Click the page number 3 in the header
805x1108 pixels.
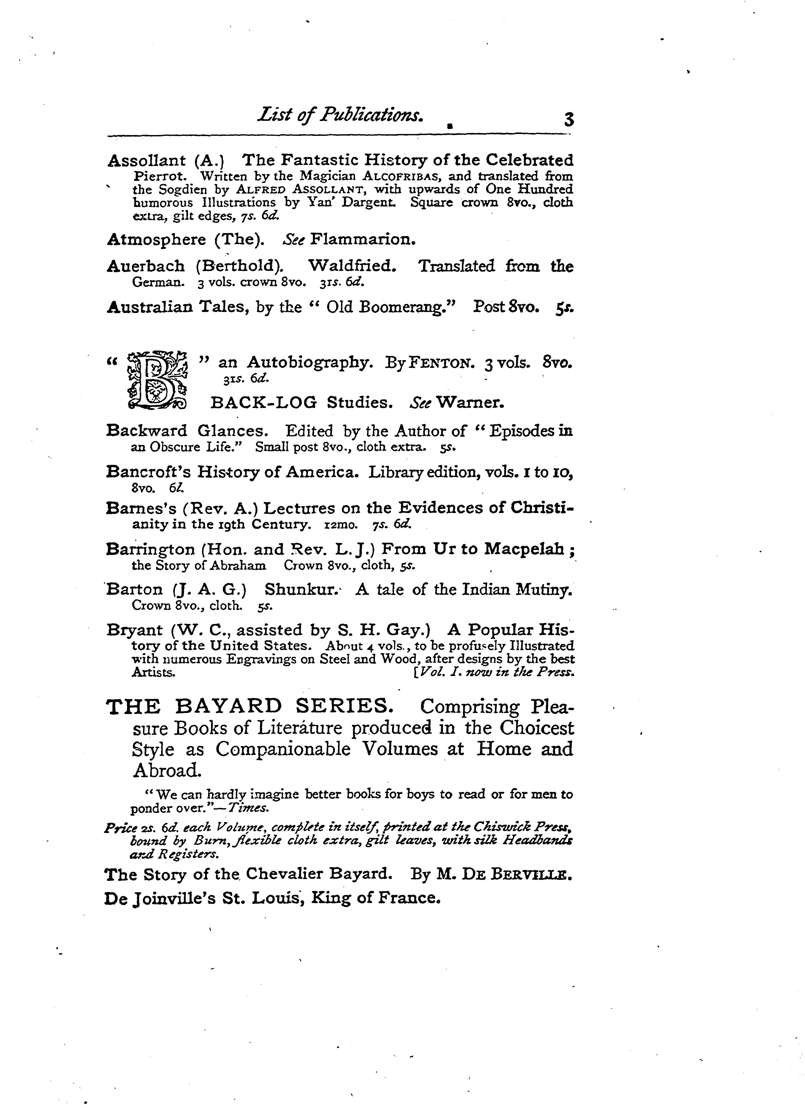(x=568, y=119)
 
